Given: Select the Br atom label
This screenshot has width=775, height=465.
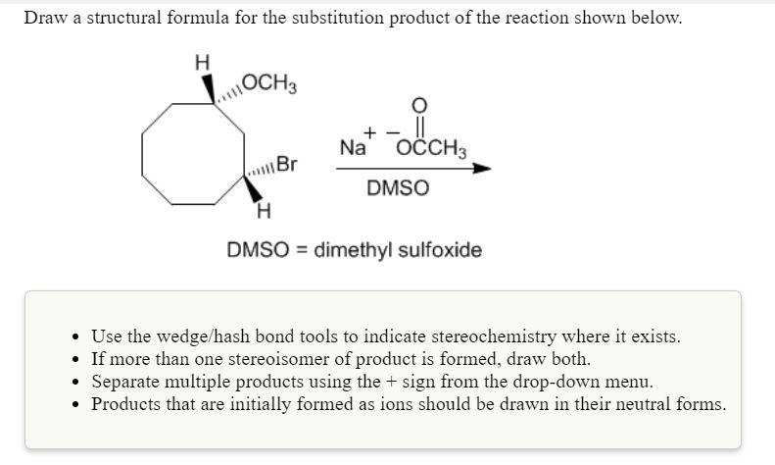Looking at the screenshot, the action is point(287,164).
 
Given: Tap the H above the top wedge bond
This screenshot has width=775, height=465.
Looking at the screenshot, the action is point(203,62).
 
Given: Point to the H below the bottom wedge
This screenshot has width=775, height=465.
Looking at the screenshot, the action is point(262,210).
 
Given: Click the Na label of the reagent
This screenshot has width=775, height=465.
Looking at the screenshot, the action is point(352,149).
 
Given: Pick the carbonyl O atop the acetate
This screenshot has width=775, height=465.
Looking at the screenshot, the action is point(420,106).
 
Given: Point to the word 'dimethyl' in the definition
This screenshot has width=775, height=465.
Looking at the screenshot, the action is point(351,250).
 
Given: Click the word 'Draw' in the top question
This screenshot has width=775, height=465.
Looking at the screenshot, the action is point(45,18).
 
